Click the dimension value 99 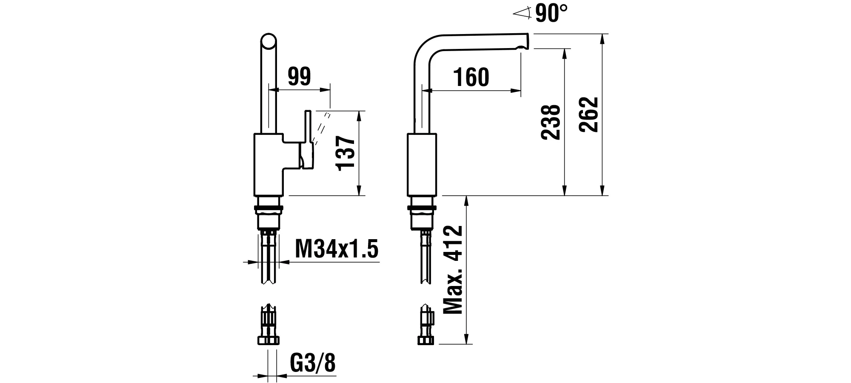(x=299, y=77)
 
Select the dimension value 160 (x=471, y=77)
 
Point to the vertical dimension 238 (x=551, y=122)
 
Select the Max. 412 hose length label (x=453, y=270)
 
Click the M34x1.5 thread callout (x=336, y=249)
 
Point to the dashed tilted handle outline (x=322, y=128)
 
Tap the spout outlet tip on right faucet (x=523, y=42)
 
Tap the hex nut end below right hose (x=425, y=340)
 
